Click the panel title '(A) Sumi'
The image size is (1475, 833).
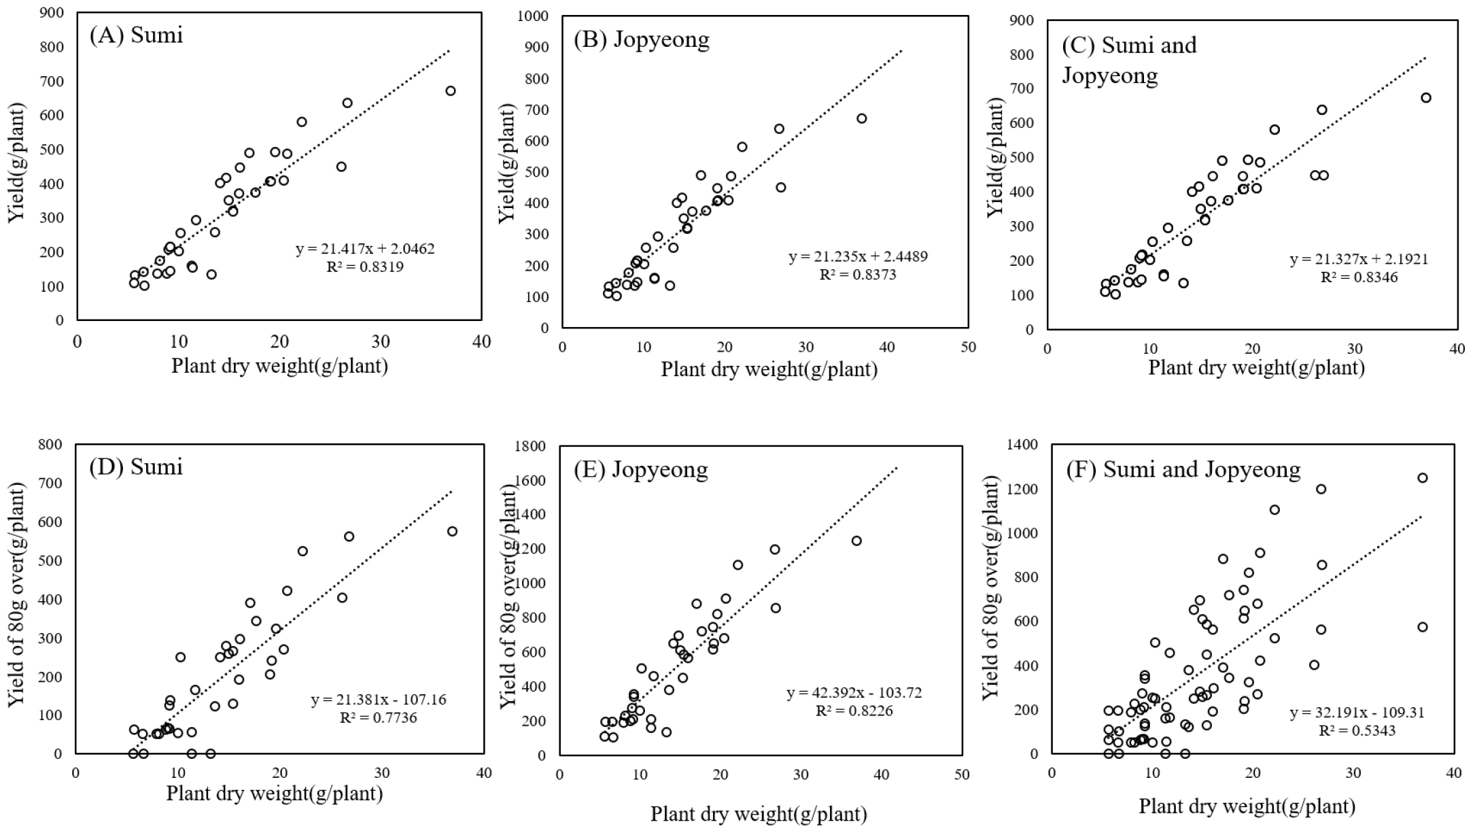[136, 35]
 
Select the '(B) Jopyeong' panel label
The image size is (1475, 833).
[641, 40]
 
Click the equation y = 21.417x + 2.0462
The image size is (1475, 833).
[365, 249]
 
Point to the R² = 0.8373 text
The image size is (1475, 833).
[858, 275]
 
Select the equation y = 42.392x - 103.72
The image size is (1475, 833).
[854, 694]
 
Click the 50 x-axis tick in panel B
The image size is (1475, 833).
[968, 347]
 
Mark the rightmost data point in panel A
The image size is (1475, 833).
[450, 91]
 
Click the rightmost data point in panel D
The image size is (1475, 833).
[452, 532]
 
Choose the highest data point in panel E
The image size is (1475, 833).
[856, 541]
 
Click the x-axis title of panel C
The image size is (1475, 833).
[1256, 368]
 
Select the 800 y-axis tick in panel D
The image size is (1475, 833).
[52, 445]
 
